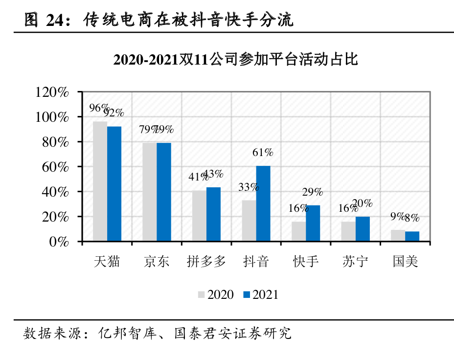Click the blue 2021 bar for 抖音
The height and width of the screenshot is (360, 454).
coord(263,203)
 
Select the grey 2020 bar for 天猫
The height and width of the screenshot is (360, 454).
coord(100,181)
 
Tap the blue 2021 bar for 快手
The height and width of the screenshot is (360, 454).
coord(313,223)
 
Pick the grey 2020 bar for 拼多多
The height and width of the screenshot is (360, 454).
coord(199,216)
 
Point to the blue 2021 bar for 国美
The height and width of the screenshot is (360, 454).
coord(412,236)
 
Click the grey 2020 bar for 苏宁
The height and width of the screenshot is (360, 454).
coord(348,231)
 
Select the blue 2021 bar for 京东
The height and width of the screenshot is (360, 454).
coord(164,192)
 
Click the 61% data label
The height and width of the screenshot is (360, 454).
coord(263,152)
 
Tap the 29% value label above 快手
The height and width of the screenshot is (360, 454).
coord(313,192)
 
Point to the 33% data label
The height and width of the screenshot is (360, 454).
coord(249,187)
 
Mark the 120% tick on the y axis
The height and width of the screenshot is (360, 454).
coord(52,92)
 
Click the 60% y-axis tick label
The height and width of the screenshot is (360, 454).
coord(55,167)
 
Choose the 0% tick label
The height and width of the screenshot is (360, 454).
coord(59,242)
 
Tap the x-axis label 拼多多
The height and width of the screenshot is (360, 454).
coord(206,261)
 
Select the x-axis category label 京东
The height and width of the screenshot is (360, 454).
coord(157,261)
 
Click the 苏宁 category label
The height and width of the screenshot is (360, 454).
coord(355,261)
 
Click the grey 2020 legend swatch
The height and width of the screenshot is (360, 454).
coord(201,294)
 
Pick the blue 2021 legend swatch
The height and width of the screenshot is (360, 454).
coord(247,294)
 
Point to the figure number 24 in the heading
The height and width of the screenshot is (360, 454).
coord(55,20)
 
